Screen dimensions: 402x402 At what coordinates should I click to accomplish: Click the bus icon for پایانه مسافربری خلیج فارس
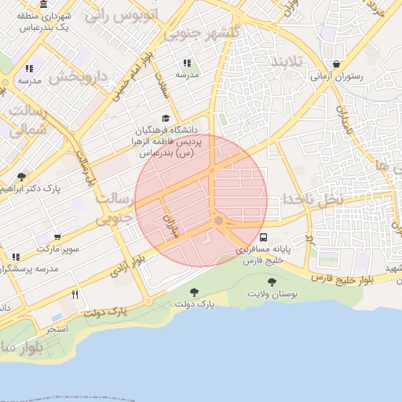[x=263, y=236]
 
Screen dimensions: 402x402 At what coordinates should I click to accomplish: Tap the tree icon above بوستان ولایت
[x=272, y=282]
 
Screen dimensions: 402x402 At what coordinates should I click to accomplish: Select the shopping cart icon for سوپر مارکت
[x=57, y=236]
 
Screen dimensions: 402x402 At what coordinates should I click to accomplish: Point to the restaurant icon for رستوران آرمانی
[x=337, y=64]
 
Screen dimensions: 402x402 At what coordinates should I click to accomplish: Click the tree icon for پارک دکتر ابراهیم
[x=20, y=177]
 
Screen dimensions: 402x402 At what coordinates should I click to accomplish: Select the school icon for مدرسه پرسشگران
[x=16, y=257]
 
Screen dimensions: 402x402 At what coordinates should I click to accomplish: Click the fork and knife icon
[x=75, y=294]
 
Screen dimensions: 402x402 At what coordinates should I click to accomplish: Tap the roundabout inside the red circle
[x=218, y=221]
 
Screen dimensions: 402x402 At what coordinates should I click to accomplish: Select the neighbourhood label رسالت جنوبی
[x=113, y=209]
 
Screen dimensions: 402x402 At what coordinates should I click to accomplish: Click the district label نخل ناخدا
[x=314, y=199]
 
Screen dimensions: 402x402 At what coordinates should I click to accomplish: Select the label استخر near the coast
[x=57, y=328]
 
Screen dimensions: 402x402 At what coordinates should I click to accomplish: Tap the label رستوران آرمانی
[x=337, y=77]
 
